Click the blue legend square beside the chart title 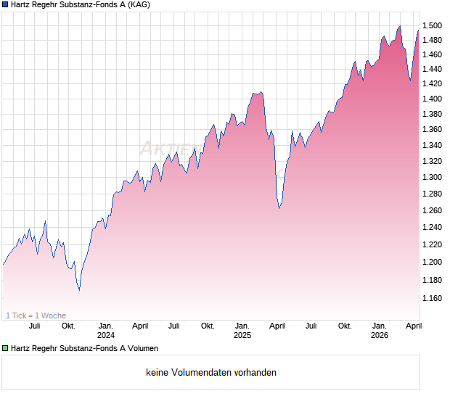pos(6,5)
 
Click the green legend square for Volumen pos(6,349)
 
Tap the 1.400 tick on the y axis pos(435,99)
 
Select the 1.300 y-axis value pos(435,178)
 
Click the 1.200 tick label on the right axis pos(435,262)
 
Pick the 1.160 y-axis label pos(435,298)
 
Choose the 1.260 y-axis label pos(435,211)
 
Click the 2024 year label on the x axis pos(106,336)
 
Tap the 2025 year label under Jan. pos(242,336)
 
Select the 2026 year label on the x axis pos(380,336)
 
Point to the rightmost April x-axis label pos(413,326)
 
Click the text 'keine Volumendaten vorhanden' pos(211,373)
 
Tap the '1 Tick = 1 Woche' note pos(36,315)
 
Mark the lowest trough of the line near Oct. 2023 pos(79,290)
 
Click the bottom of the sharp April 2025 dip pos(279,208)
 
